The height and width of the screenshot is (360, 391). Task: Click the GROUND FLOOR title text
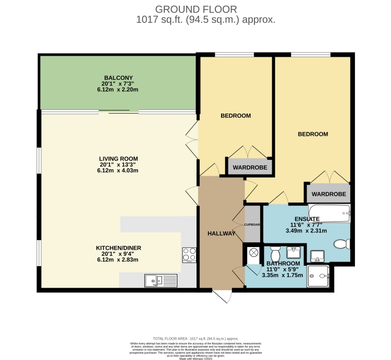pos(195,9)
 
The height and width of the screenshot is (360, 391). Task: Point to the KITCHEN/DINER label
pos(118,247)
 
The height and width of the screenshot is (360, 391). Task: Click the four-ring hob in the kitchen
pos(188,254)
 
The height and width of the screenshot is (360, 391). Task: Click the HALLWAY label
pos(222,234)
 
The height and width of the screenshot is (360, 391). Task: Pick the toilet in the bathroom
pos(276,254)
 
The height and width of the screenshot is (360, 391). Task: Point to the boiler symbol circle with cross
pos(254,252)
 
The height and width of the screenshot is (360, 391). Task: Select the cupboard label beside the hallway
pos(252,225)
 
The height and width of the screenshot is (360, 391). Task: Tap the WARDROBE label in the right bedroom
pos(328,194)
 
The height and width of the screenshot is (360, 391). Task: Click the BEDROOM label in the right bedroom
pos(313,134)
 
